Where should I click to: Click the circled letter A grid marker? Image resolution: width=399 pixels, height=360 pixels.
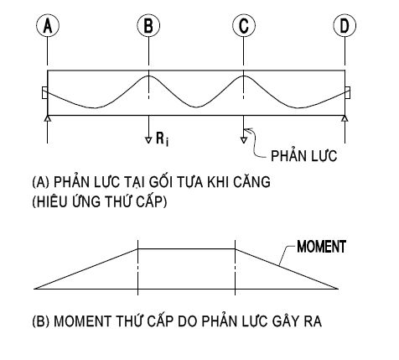pyautogui.click(x=48, y=25)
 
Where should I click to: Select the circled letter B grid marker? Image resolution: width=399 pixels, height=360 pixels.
pyautogui.click(x=148, y=25)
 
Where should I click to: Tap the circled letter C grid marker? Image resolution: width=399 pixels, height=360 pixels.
pyautogui.click(x=244, y=25)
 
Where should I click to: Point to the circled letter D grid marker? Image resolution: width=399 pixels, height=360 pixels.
pyautogui.click(x=345, y=25)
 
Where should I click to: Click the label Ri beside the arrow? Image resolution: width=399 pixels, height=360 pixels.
pyautogui.click(x=163, y=139)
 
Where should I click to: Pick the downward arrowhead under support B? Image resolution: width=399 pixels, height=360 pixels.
pyautogui.click(x=148, y=140)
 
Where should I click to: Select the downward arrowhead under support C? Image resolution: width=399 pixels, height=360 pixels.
pyautogui.click(x=244, y=140)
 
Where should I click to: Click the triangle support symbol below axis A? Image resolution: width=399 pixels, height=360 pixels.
pyautogui.click(x=48, y=118)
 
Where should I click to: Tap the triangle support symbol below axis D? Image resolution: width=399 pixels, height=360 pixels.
pyautogui.click(x=345, y=118)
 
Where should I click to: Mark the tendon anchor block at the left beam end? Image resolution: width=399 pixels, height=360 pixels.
pyautogui.click(x=44, y=92)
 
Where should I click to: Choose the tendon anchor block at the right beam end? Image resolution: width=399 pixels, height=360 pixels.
pyautogui.click(x=348, y=92)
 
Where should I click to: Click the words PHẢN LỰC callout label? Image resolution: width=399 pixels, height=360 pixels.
pyautogui.click(x=304, y=155)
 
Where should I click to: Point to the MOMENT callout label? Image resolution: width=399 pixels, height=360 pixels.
pyautogui.click(x=321, y=247)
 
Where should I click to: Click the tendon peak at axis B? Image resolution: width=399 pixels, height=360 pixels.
pyautogui.click(x=148, y=76)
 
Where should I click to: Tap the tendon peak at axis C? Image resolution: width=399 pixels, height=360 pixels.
pyautogui.click(x=244, y=76)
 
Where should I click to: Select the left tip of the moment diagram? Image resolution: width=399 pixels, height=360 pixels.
pyautogui.click(x=34, y=289)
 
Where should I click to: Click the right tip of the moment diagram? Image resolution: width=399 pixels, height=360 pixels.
pyautogui.click(x=339, y=289)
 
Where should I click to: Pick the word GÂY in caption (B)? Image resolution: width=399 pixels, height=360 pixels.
pyautogui.click(x=285, y=321)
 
